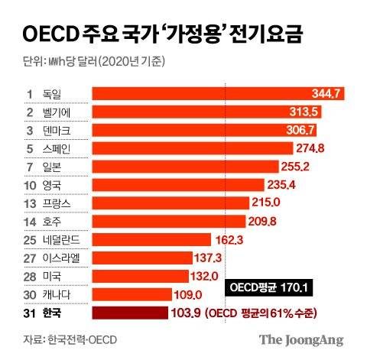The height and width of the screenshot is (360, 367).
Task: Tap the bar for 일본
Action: [168, 167]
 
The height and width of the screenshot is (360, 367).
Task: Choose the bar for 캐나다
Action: [130, 294]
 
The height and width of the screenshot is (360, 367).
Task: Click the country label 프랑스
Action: [57, 203]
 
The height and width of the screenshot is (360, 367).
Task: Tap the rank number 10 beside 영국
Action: [31, 185]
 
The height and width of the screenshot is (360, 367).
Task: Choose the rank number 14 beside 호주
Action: [31, 222]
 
